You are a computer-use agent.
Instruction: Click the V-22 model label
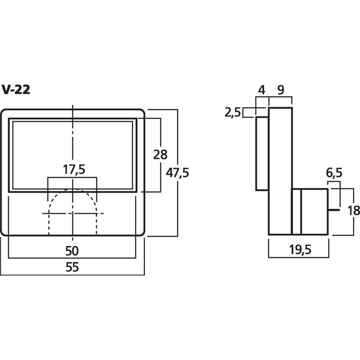tap(16, 89)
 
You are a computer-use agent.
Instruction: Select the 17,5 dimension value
tap(74, 169)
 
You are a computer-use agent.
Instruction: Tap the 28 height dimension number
tap(160, 154)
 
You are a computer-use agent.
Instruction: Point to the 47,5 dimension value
tap(177, 172)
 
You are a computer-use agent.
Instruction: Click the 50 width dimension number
tap(72, 250)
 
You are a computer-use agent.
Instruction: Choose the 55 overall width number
tap(72, 267)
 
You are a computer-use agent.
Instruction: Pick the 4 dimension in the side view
tap(261, 90)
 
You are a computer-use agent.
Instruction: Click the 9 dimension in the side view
tap(280, 90)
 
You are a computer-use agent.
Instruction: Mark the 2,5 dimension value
tap(232, 112)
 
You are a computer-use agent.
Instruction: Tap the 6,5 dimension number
tap(334, 173)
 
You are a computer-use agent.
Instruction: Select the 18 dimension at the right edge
tap(353, 210)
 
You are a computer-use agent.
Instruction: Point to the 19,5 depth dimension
tap(300, 249)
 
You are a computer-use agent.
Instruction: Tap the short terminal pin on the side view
tap(333, 210)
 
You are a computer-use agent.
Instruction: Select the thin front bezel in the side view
tap(262, 153)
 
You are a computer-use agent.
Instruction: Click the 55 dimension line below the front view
tap(72, 275)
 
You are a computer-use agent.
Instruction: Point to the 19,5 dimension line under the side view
tap(298, 257)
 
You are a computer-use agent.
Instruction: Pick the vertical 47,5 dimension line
tap(177, 173)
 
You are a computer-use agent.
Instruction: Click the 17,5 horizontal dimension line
tap(72, 177)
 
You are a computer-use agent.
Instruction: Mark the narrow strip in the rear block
tap(296, 211)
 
